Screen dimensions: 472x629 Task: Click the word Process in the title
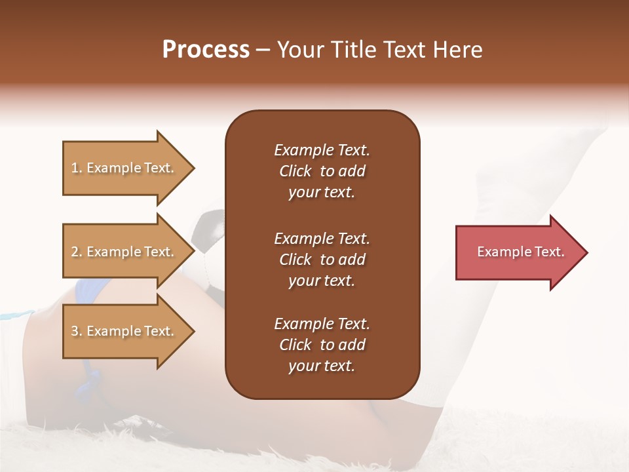point(206,50)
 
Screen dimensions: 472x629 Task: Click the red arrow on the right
point(518,252)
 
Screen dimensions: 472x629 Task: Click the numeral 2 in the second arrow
point(75,252)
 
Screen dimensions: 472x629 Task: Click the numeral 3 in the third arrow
point(75,331)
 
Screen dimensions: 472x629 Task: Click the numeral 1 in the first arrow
point(75,168)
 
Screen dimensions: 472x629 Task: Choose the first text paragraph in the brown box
point(322,171)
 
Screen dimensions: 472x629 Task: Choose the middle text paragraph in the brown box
point(322,260)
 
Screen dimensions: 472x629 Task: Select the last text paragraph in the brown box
point(322,345)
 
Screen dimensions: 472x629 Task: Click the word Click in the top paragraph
point(295,171)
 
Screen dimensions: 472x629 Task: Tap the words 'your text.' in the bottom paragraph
point(322,366)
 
